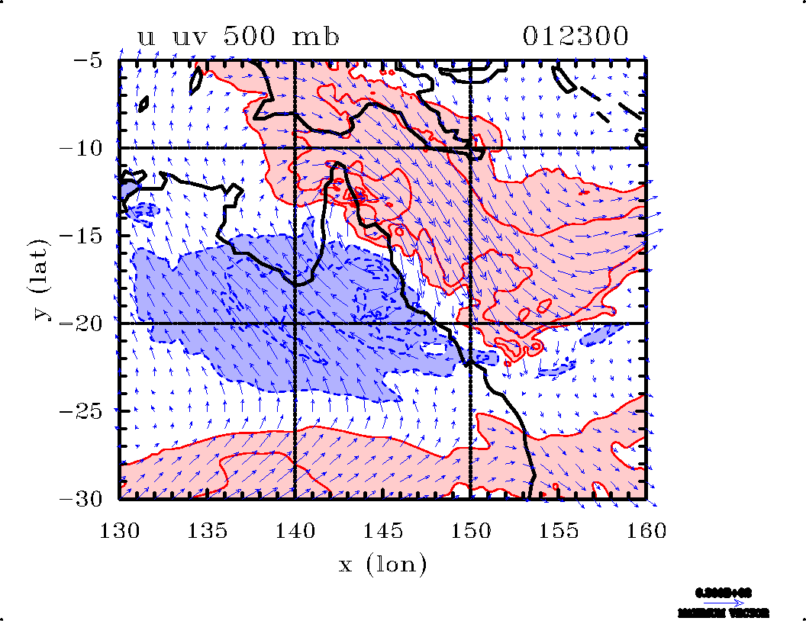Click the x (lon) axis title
382,565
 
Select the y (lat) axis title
43,279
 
